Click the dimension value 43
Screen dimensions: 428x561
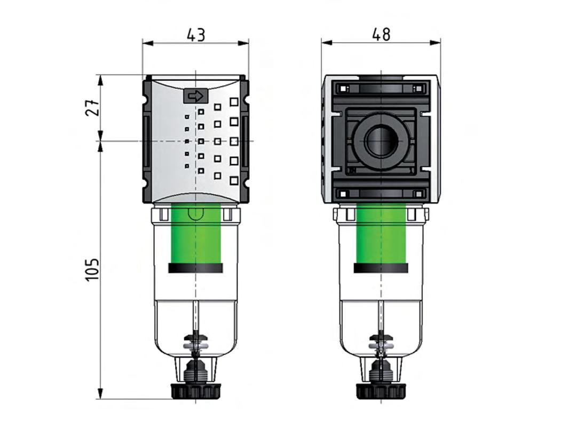click(195, 35)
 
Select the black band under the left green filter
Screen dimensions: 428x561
click(195, 268)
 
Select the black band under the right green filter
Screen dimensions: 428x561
click(381, 268)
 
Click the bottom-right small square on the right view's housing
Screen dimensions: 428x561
click(418, 193)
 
